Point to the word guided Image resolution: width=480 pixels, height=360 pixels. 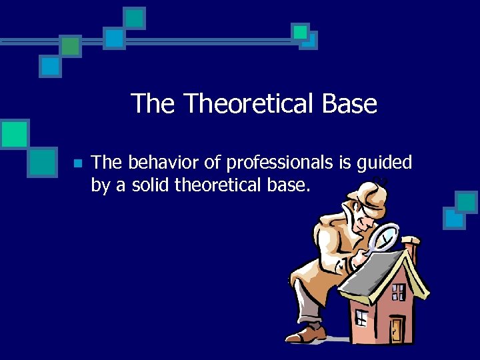pos(385,163)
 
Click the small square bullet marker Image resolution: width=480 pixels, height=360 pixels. pos(77,163)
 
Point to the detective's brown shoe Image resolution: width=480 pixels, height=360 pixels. pos(306,333)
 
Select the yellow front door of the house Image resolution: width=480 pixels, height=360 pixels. pos(397,327)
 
